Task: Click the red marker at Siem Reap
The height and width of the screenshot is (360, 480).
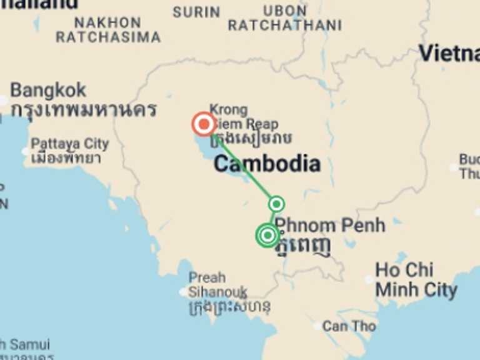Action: (x=204, y=124)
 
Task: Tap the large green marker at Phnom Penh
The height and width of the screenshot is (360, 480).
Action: (x=267, y=236)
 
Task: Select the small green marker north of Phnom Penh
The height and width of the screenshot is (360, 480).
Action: (x=276, y=204)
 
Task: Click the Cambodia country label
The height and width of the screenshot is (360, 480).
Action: (x=267, y=164)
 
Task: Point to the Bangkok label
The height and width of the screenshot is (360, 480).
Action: (x=48, y=90)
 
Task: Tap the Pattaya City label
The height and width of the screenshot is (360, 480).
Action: (x=69, y=144)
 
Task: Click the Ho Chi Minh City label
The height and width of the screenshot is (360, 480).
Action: (x=416, y=280)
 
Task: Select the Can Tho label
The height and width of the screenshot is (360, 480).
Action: (x=349, y=326)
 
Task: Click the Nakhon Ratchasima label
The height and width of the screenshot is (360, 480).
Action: (x=108, y=30)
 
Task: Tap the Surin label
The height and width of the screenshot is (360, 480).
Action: (x=196, y=12)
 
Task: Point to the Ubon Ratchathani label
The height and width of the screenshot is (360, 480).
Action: (x=285, y=19)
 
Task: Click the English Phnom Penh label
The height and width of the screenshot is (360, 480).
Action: (x=330, y=225)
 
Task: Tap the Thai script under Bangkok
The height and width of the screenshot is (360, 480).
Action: (x=83, y=110)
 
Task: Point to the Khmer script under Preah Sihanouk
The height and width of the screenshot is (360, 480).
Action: (x=229, y=307)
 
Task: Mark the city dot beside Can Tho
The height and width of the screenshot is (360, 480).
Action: (x=317, y=326)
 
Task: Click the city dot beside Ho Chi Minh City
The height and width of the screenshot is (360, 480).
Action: (x=369, y=280)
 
